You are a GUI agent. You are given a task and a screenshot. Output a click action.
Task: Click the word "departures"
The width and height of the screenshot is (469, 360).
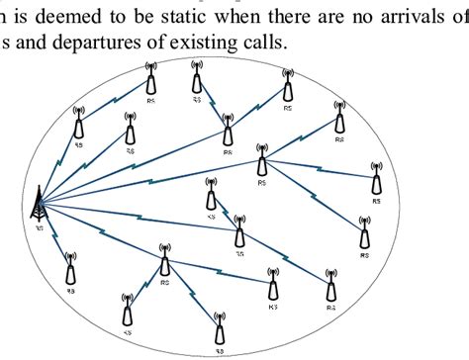pos(92,44)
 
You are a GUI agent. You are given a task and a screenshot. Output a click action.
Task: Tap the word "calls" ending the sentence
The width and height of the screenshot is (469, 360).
pos(260,44)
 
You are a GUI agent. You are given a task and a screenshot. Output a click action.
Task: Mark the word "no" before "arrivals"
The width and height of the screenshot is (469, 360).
pos(364,16)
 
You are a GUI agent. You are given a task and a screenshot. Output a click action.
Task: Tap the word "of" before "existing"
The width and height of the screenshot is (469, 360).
pos(150,44)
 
